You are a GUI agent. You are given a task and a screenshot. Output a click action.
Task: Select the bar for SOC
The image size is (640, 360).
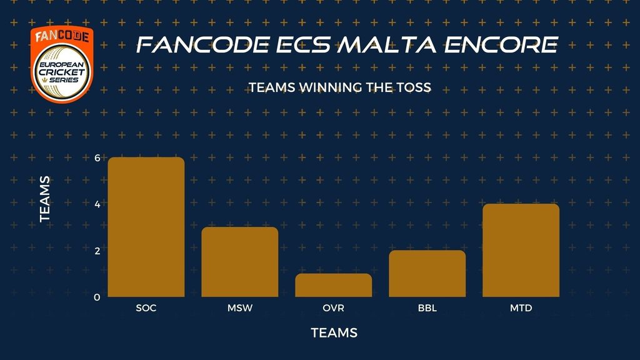tap(146, 227)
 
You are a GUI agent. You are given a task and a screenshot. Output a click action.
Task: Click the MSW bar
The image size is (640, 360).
tap(240, 262)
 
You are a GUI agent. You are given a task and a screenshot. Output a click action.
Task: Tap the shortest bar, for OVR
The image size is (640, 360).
tap(334, 285)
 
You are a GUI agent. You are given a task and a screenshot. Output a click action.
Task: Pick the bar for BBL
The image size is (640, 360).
tap(427, 274)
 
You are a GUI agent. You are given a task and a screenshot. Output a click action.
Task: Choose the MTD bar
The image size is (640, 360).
tap(521, 250)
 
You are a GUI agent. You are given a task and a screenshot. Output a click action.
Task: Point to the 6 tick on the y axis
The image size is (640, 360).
tap(97, 158)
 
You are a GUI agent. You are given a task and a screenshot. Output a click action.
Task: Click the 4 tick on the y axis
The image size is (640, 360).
tap(97, 204)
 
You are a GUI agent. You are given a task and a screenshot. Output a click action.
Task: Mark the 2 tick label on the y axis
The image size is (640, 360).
tap(97, 251)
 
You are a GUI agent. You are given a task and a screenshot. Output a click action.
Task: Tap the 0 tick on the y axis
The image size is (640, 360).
tap(97, 297)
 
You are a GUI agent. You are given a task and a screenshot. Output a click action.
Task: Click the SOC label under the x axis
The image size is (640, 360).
tap(146, 307)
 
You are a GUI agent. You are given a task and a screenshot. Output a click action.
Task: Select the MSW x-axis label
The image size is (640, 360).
tap(240, 307)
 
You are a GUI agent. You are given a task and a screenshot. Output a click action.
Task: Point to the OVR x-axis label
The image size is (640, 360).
tap(334, 307)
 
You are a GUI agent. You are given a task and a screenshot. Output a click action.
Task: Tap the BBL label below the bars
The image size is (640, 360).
tap(427, 307)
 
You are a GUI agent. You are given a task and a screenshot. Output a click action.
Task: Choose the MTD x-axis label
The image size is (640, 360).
tap(521, 307)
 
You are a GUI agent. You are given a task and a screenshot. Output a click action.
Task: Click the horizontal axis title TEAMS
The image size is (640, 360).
tap(334, 332)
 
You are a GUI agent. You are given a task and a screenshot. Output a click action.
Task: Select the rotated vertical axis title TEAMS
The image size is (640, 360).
tap(45, 199)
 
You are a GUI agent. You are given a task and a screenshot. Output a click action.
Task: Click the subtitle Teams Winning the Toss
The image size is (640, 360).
tap(340, 87)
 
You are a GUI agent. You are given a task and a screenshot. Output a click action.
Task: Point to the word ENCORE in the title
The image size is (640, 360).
tap(501, 44)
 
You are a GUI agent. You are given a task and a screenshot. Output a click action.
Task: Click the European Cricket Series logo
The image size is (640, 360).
tap(62, 64)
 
